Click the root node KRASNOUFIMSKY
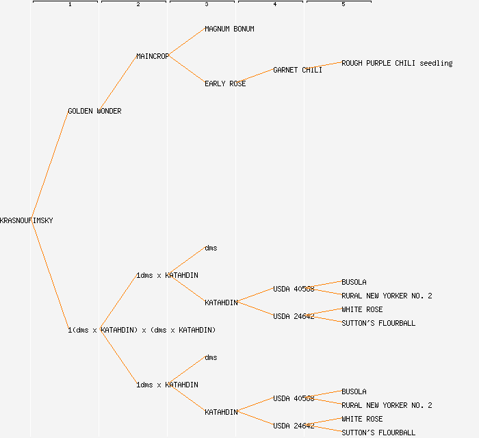[x=27, y=220]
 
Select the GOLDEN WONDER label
[x=94, y=111]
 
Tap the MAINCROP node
[x=153, y=56]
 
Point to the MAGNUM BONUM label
[x=229, y=29]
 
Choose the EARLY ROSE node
[x=225, y=83]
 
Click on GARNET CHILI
[x=298, y=70]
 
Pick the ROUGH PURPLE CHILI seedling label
[x=397, y=63]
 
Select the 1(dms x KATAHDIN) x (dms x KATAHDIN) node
[x=142, y=330]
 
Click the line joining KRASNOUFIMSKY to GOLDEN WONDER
[x=50, y=166]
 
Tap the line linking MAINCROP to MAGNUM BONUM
[x=187, y=42]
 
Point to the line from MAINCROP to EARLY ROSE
[x=187, y=70]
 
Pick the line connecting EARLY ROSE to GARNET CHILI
[x=259, y=77]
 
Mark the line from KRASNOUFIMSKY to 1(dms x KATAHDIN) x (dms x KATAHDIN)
[x=50, y=275]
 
